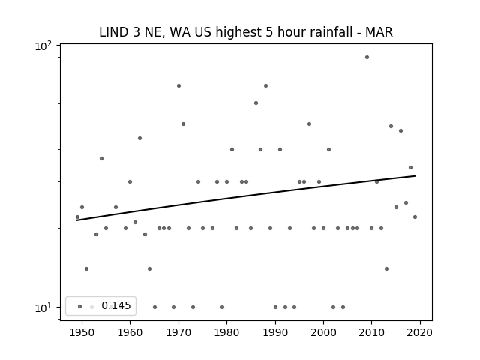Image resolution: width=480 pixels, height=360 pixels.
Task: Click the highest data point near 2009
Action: click(x=367, y=57)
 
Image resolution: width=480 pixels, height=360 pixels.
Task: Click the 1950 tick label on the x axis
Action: click(x=82, y=332)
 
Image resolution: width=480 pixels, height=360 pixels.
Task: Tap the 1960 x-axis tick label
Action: click(x=130, y=332)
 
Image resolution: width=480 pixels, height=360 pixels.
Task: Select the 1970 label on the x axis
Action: click(x=178, y=332)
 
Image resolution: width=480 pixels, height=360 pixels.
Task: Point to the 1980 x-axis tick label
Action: click(x=226, y=332)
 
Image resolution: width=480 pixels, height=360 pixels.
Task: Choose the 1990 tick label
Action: click(x=275, y=332)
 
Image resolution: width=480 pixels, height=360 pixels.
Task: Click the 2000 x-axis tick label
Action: click(x=323, y=332)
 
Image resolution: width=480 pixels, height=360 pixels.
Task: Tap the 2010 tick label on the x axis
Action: click(x=372, y=332)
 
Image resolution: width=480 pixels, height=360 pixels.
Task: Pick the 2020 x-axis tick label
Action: click(x=420, y=332)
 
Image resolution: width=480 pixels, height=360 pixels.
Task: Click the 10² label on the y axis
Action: click(x=43, y=46)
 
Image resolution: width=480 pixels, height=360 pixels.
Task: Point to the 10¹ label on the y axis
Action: click(x=43, y=308)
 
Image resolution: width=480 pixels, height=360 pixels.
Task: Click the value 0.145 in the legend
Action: click(x=116, y=305)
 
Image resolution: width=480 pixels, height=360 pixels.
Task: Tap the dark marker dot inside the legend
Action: click(x=80, y=306)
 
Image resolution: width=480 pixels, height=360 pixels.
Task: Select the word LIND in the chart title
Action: click(x=113, y=32)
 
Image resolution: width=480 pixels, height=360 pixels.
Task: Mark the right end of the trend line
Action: click(x=415, y=175)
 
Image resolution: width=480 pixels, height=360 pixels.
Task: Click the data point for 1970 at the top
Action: click(x=178, y=85)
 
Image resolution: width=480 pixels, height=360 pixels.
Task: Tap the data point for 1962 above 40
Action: click(x=140, y=138)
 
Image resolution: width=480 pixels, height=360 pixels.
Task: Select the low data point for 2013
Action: click(x=387, y=268)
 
